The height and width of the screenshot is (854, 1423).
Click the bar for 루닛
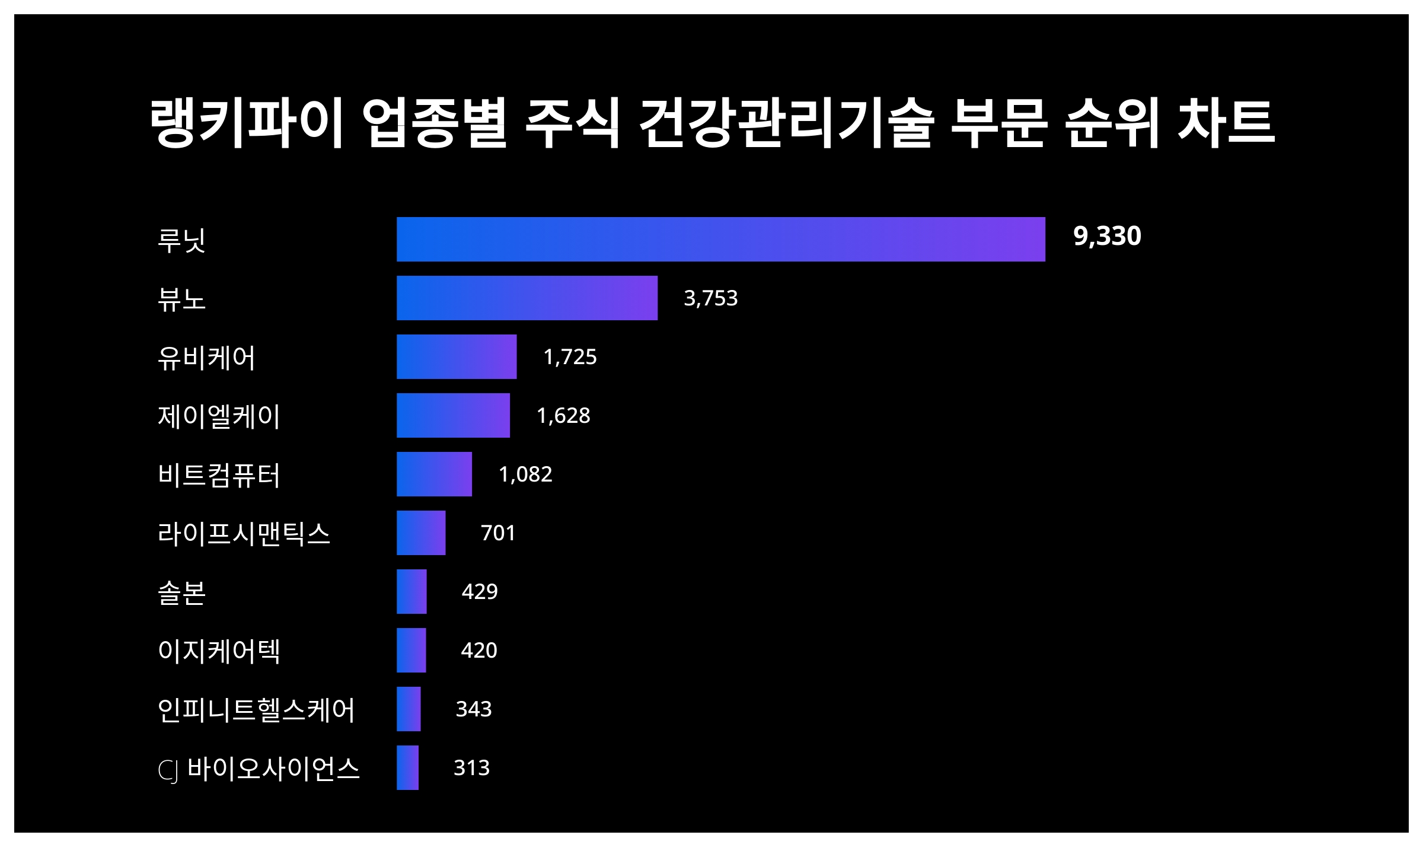(x=720, y=239)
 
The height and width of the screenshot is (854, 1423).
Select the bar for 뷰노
(x=527, y=298)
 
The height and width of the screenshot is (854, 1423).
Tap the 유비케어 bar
(x=457, y=356)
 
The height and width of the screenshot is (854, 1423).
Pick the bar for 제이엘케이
(x=453, y=415)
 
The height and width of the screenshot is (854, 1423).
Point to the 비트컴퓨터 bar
(x=434, y=474)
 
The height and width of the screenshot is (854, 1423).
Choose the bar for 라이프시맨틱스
(x=421, y=533)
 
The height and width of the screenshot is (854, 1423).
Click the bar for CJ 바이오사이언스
(x=407, y=767)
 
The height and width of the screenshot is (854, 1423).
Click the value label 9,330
(x=1106, y=236)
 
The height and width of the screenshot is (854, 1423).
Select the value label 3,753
(x=710, y=298)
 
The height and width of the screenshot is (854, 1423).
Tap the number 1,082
(x=525, y=474)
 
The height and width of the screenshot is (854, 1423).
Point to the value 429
(x=480, y=592)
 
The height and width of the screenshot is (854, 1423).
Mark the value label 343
(x=474, y=709)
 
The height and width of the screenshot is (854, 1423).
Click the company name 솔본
(x=181, y=592)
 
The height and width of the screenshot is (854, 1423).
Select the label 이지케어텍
(x=219, y=651)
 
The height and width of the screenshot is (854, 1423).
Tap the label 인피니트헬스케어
(x=256, y=709)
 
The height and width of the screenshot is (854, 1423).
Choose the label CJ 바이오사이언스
(x=259, y=769)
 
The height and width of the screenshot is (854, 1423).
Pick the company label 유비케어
(x=206, y=358)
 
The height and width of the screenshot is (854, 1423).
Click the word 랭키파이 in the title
(x=247, y=123)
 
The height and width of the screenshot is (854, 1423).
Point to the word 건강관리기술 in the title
(x=786, y=123)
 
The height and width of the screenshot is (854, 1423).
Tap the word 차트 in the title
(x=1226, y=123)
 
